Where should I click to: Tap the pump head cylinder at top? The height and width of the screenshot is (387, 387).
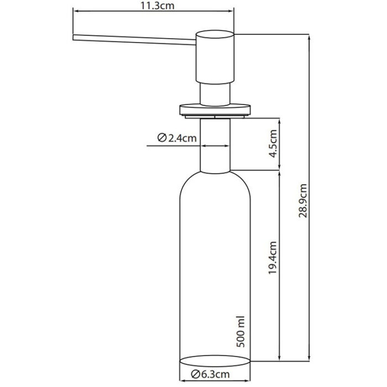pos(215,55)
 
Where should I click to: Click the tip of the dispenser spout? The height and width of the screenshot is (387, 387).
pos(75,37)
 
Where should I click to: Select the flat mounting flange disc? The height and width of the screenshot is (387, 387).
pos(215,109)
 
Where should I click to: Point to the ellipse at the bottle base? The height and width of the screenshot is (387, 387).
pos(215,362)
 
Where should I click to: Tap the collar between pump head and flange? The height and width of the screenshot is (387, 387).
pos(215,92)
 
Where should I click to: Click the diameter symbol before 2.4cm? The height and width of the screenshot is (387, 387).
pos(162,138)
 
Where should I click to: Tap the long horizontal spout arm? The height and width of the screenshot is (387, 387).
pos(133,39)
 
